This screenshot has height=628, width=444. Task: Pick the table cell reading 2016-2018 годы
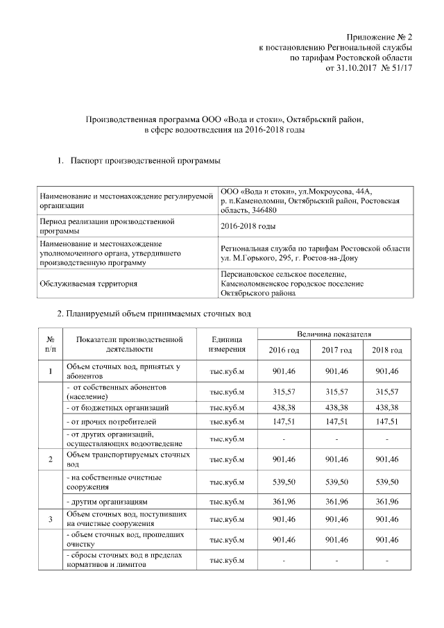pyautogui.click(x=248, y=226)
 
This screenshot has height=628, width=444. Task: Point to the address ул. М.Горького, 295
pyautogui.click(x=263, y=257)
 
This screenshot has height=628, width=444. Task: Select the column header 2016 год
pyautogui.click(x=284, y=350)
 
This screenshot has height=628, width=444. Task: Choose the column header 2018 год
pyautogui.click(x=387, y=350)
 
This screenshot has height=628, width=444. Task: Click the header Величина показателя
pyautogui.click(x=335, y=334)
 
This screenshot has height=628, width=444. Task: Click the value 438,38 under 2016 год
pyautogui.click(x=284, y=407)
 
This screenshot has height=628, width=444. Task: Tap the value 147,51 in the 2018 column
pyautogui.click(x=387, y=421)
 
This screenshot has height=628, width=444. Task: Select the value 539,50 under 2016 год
pyautogui.click(x=284, y=482)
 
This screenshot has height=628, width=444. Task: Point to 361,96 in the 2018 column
pyautogui.click(x=387, y=500)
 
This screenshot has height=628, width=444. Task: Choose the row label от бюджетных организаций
pyautogui.click(x=117, y=407)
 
